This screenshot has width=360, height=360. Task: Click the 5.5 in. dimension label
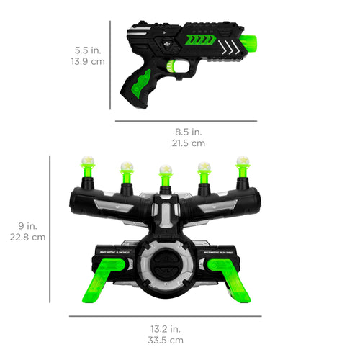89,50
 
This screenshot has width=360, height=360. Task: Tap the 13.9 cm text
89,63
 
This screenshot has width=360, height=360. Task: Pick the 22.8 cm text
28,236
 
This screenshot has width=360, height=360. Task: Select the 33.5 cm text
165,340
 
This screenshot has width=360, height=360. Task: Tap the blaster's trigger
170,67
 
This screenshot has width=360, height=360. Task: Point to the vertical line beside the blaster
111,65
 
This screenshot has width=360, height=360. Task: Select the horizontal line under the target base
165,315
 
